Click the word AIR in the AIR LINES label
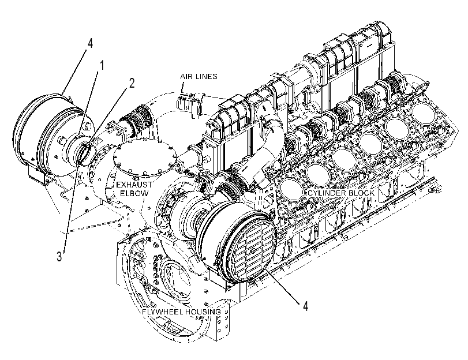click(x=186, y=77)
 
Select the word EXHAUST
click(x=134, y=185)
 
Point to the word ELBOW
click(x=134, y=193)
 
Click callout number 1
click(x=102, y=65)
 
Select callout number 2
click(x=132, y=83)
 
